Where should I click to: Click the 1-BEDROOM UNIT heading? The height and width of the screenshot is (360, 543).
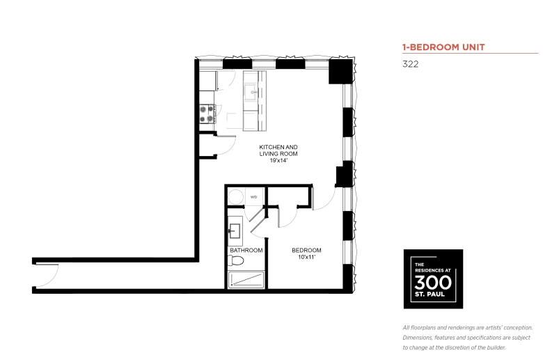443,47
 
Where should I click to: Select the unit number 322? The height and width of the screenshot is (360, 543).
410,64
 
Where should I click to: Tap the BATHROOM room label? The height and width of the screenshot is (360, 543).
246,250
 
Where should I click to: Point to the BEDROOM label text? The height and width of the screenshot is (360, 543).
306,250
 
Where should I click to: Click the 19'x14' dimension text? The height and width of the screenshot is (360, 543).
278,161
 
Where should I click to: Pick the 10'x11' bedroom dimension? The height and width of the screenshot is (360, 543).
306,257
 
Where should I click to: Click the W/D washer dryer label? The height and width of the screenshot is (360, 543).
254,197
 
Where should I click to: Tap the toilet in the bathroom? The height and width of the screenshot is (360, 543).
236,260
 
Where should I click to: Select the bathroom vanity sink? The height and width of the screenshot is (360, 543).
235,230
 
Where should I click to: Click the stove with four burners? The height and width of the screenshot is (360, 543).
207,114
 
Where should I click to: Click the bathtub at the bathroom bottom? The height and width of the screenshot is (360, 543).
246,280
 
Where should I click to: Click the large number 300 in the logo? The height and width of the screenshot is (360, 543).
433,283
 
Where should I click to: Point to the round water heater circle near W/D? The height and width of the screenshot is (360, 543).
236,196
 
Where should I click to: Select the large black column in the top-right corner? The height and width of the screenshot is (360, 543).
340,72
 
